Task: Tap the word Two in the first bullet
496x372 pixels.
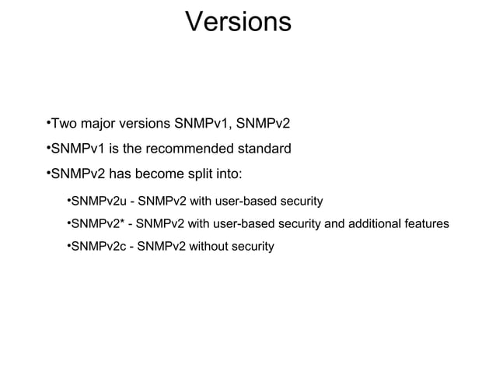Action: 65,125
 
